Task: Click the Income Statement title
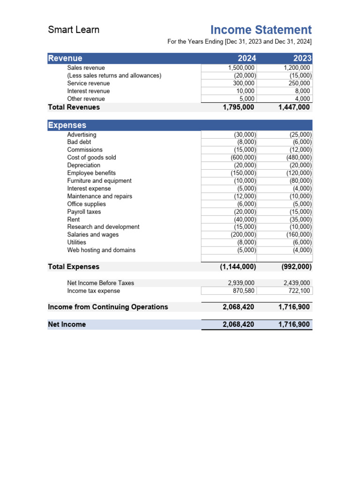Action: (x=261, y=30)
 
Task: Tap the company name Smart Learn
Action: (x=74, y=30)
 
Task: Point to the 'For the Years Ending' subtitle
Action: (x=240, y=42)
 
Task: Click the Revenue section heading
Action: (x=65, y=59)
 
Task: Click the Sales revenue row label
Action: (x=86, y=68)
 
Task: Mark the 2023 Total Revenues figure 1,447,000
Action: (x=293, y=107)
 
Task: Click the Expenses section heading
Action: (x=67, y=125)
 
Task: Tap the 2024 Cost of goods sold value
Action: (x=244, y=157)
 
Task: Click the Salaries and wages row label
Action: (x=93, y=234)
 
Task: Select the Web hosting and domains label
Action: (x=101, y=250)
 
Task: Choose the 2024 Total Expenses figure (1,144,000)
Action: (x=238, y=267)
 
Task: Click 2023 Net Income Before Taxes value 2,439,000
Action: (x=297, y=283)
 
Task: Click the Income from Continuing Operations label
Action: (x=108, y=307)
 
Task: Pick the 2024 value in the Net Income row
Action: (x=238, y=324)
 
